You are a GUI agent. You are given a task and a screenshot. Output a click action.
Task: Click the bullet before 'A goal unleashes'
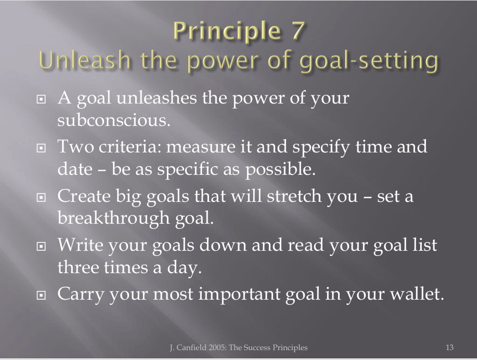(x=41, y=99)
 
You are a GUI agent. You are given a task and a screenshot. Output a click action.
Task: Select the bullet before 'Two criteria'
(x=41, y=148)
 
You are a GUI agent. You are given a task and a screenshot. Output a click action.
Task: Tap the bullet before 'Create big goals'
(x=41, y=198)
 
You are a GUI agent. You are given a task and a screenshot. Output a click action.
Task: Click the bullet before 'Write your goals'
(x=41, y=246)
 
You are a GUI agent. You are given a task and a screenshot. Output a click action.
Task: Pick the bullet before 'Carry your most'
(x=41, y=295)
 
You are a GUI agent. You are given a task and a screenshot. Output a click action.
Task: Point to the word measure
(x=201, y=147)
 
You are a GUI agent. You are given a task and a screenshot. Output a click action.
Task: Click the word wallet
(x=417, y=294)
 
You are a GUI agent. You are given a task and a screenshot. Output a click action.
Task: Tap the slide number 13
(x=449, y=347)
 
